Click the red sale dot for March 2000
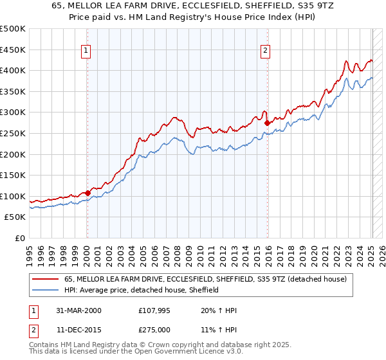[87, 192]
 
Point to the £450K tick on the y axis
[13, 50]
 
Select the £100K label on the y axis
[13, 196]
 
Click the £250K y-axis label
[13, 133]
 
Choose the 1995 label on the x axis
[29, 251]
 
